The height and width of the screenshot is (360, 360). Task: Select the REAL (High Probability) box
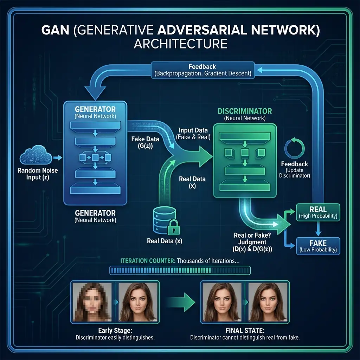(318, 212)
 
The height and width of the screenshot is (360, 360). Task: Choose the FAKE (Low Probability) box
(318, 246)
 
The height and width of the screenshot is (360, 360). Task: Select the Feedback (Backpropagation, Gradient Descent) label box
(202, 70)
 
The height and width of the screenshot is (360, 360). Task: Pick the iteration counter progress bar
(180, 270)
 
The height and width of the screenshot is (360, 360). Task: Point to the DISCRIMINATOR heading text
(245, 111)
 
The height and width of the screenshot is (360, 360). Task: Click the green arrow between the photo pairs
(180, 302)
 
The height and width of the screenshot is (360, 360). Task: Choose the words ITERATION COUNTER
(148, 261)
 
